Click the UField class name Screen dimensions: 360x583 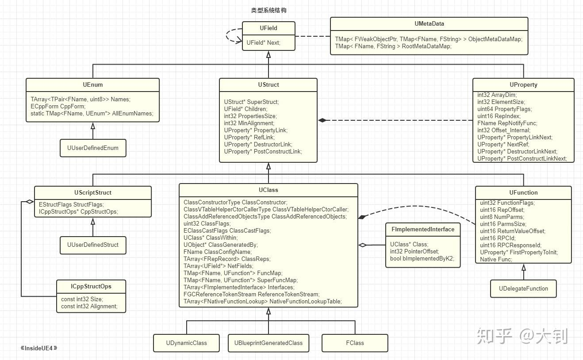(268, 28)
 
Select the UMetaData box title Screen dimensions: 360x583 (429, 24)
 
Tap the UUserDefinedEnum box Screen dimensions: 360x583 (93, 148)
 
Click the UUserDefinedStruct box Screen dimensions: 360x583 (93, 245)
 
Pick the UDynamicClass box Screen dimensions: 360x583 (186, 343)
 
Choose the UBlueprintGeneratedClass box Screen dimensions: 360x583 (268, 343)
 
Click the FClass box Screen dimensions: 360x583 (355, 343)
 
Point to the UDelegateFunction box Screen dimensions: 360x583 (523, 288)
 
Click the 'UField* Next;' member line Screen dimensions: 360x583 (263, 42)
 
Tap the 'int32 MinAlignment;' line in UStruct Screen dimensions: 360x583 (249, 123)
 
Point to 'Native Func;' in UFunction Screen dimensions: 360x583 (496, 259)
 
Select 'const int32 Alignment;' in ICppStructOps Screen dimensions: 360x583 (89, 306)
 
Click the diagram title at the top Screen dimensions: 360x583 (268, 10)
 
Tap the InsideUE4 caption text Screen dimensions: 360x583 (39, 348)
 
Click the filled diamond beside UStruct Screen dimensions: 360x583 (322, 120)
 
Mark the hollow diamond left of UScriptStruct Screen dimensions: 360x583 (29, 202)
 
